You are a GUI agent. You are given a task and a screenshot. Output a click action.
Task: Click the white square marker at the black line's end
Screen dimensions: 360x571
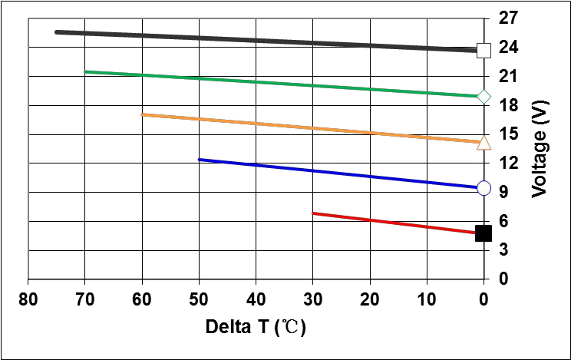484,51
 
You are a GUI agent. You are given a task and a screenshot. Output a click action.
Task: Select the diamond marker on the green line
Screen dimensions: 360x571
484,96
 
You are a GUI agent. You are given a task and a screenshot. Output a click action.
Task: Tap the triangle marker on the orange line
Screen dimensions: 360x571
484,142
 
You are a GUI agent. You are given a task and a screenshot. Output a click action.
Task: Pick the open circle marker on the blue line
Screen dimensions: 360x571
484,187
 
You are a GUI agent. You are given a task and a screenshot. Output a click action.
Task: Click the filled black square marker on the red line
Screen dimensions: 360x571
484,233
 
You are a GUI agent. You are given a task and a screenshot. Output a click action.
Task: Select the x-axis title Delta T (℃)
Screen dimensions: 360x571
256,328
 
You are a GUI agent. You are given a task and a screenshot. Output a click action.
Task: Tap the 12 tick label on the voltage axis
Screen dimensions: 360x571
509,163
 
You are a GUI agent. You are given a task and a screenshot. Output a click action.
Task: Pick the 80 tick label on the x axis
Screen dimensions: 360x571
28,299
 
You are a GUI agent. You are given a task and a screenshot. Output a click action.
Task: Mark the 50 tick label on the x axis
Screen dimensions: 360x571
199,299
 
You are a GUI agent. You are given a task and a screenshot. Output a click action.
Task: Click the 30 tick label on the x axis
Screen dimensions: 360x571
312,299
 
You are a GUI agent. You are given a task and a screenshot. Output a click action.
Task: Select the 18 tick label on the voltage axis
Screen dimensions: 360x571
509,105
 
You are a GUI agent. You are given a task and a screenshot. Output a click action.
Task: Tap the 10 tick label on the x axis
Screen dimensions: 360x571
427,299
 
